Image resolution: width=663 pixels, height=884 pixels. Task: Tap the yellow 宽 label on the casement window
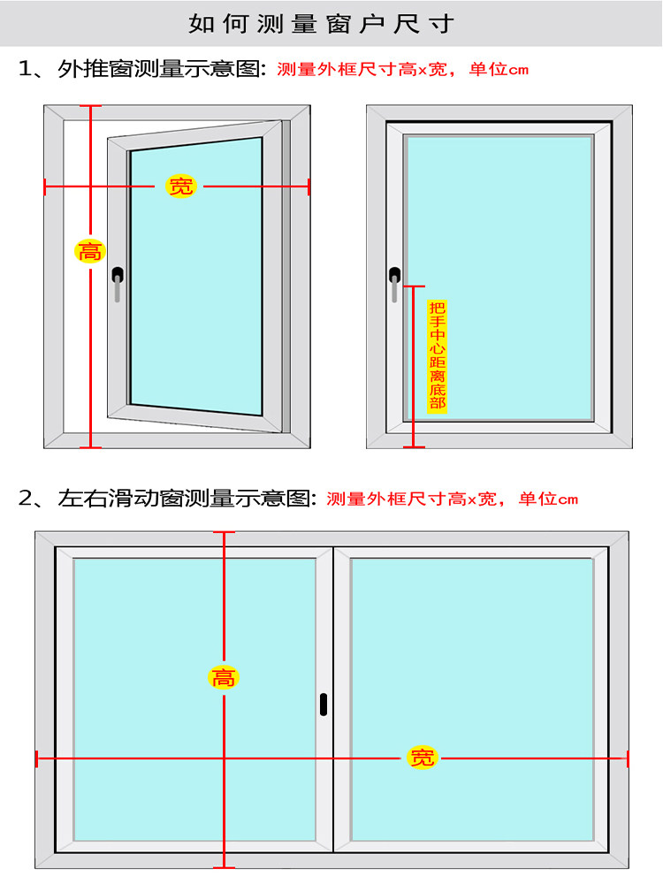click(x=180, y=186)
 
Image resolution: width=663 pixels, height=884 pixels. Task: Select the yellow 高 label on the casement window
click(x=90, y=251)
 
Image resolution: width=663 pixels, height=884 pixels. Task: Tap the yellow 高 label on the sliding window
click(x=225, y=678)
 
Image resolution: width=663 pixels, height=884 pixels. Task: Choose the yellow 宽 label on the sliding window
click(x=423, y=758)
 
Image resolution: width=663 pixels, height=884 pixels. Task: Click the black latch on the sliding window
click(x=324, y=704)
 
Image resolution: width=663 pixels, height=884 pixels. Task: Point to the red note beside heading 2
click(x=452, y=499)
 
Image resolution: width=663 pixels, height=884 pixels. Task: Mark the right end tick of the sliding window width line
click(x=628, y=758)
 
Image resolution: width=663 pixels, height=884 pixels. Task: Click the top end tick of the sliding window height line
click(x=225, y=532)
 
